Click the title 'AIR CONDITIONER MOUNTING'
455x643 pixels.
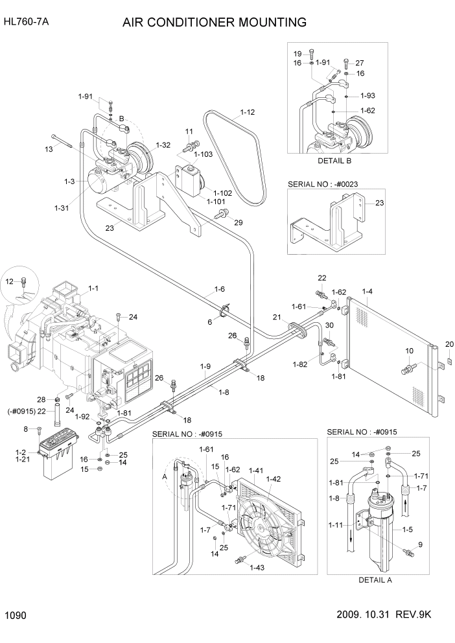click(215, 23)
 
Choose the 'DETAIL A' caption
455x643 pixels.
click(375, 580)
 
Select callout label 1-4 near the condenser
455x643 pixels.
click(367, 292)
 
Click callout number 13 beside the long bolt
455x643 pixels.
click(49, 150)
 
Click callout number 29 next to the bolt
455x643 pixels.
click(239, 222)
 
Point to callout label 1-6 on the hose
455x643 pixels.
click(220, 288)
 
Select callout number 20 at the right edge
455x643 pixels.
click(449, 344)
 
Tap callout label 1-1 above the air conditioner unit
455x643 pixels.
click(93, 288)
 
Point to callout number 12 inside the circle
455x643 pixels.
click(9, 281)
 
